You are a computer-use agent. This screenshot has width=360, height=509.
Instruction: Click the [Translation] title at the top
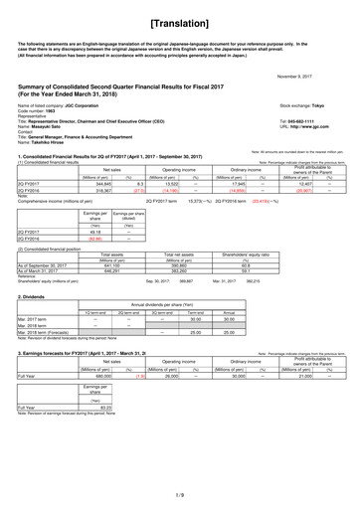(x=180, y=21)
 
